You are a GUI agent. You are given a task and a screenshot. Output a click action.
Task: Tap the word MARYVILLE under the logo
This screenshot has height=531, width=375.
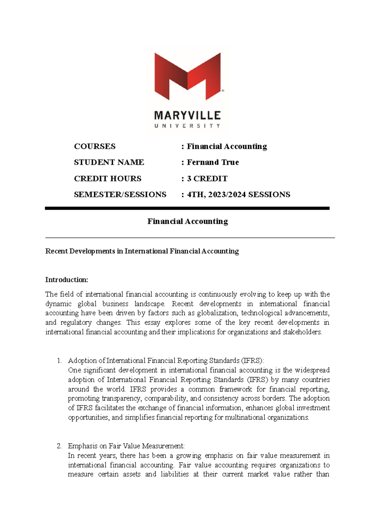coord(187,116)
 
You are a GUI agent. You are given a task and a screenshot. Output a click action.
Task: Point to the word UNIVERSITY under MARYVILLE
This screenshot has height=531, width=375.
coord(187,126)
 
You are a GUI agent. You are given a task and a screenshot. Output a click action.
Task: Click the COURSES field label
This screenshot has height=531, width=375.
coord(95,146)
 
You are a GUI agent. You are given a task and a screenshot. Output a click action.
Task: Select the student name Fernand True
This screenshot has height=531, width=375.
coord(213,162)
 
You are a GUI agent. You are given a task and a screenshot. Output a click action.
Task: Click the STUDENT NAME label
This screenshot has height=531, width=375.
coord(109,162)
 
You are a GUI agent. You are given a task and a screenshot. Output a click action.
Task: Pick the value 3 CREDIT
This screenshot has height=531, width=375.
coord(207,179)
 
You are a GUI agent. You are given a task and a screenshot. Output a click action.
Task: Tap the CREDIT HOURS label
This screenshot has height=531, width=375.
coord(107,179)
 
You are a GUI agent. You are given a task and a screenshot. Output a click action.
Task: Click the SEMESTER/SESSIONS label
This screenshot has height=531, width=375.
coord(120,195)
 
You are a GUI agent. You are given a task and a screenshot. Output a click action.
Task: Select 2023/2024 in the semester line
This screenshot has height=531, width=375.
coord(227,195)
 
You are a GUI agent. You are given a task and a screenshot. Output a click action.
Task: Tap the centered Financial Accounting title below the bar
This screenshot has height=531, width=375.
coord(187,221)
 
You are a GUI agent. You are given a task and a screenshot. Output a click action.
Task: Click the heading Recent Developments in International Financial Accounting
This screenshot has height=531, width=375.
coord(142,251)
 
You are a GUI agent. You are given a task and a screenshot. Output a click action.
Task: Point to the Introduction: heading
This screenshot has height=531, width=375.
coord(67,280)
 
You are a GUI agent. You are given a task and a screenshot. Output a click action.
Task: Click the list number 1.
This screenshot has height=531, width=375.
coord(59,361)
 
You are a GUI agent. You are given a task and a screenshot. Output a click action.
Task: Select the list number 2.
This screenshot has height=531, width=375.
coord(59,446)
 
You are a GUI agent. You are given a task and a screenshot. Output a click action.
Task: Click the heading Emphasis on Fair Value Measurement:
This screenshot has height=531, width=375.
coord(126,446)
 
